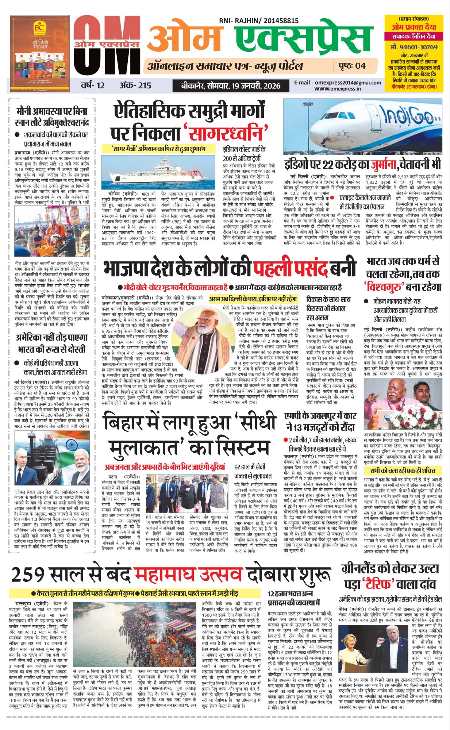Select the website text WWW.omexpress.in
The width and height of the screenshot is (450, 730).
point(338,88)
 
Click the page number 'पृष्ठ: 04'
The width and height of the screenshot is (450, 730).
point(351,66)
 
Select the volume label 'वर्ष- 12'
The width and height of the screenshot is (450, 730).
point(93,85)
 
